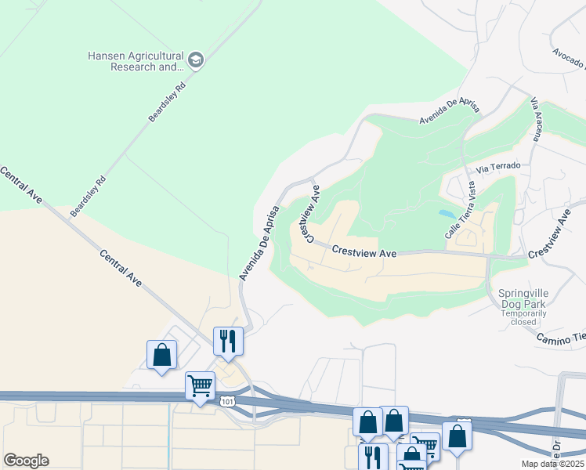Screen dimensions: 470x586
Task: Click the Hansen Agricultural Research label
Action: pos(136,61)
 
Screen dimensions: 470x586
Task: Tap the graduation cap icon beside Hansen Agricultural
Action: pos(195,60)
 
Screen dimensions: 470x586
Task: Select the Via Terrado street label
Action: pos(498,166)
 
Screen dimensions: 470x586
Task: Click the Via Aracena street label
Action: pos(537,119)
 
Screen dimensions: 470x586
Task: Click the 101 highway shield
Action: pos(227,402)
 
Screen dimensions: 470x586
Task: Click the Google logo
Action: pos(26,461)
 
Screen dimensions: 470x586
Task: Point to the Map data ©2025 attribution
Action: pos(553,464)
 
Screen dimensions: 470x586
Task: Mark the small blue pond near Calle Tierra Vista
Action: pos(447,213)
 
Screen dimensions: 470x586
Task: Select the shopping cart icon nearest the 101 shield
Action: pos(200,385)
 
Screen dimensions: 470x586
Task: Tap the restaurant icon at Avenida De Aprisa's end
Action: pos(228,341)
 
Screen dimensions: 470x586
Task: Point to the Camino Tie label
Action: pos(561,338)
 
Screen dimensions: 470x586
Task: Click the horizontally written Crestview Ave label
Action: pos(364,252)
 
